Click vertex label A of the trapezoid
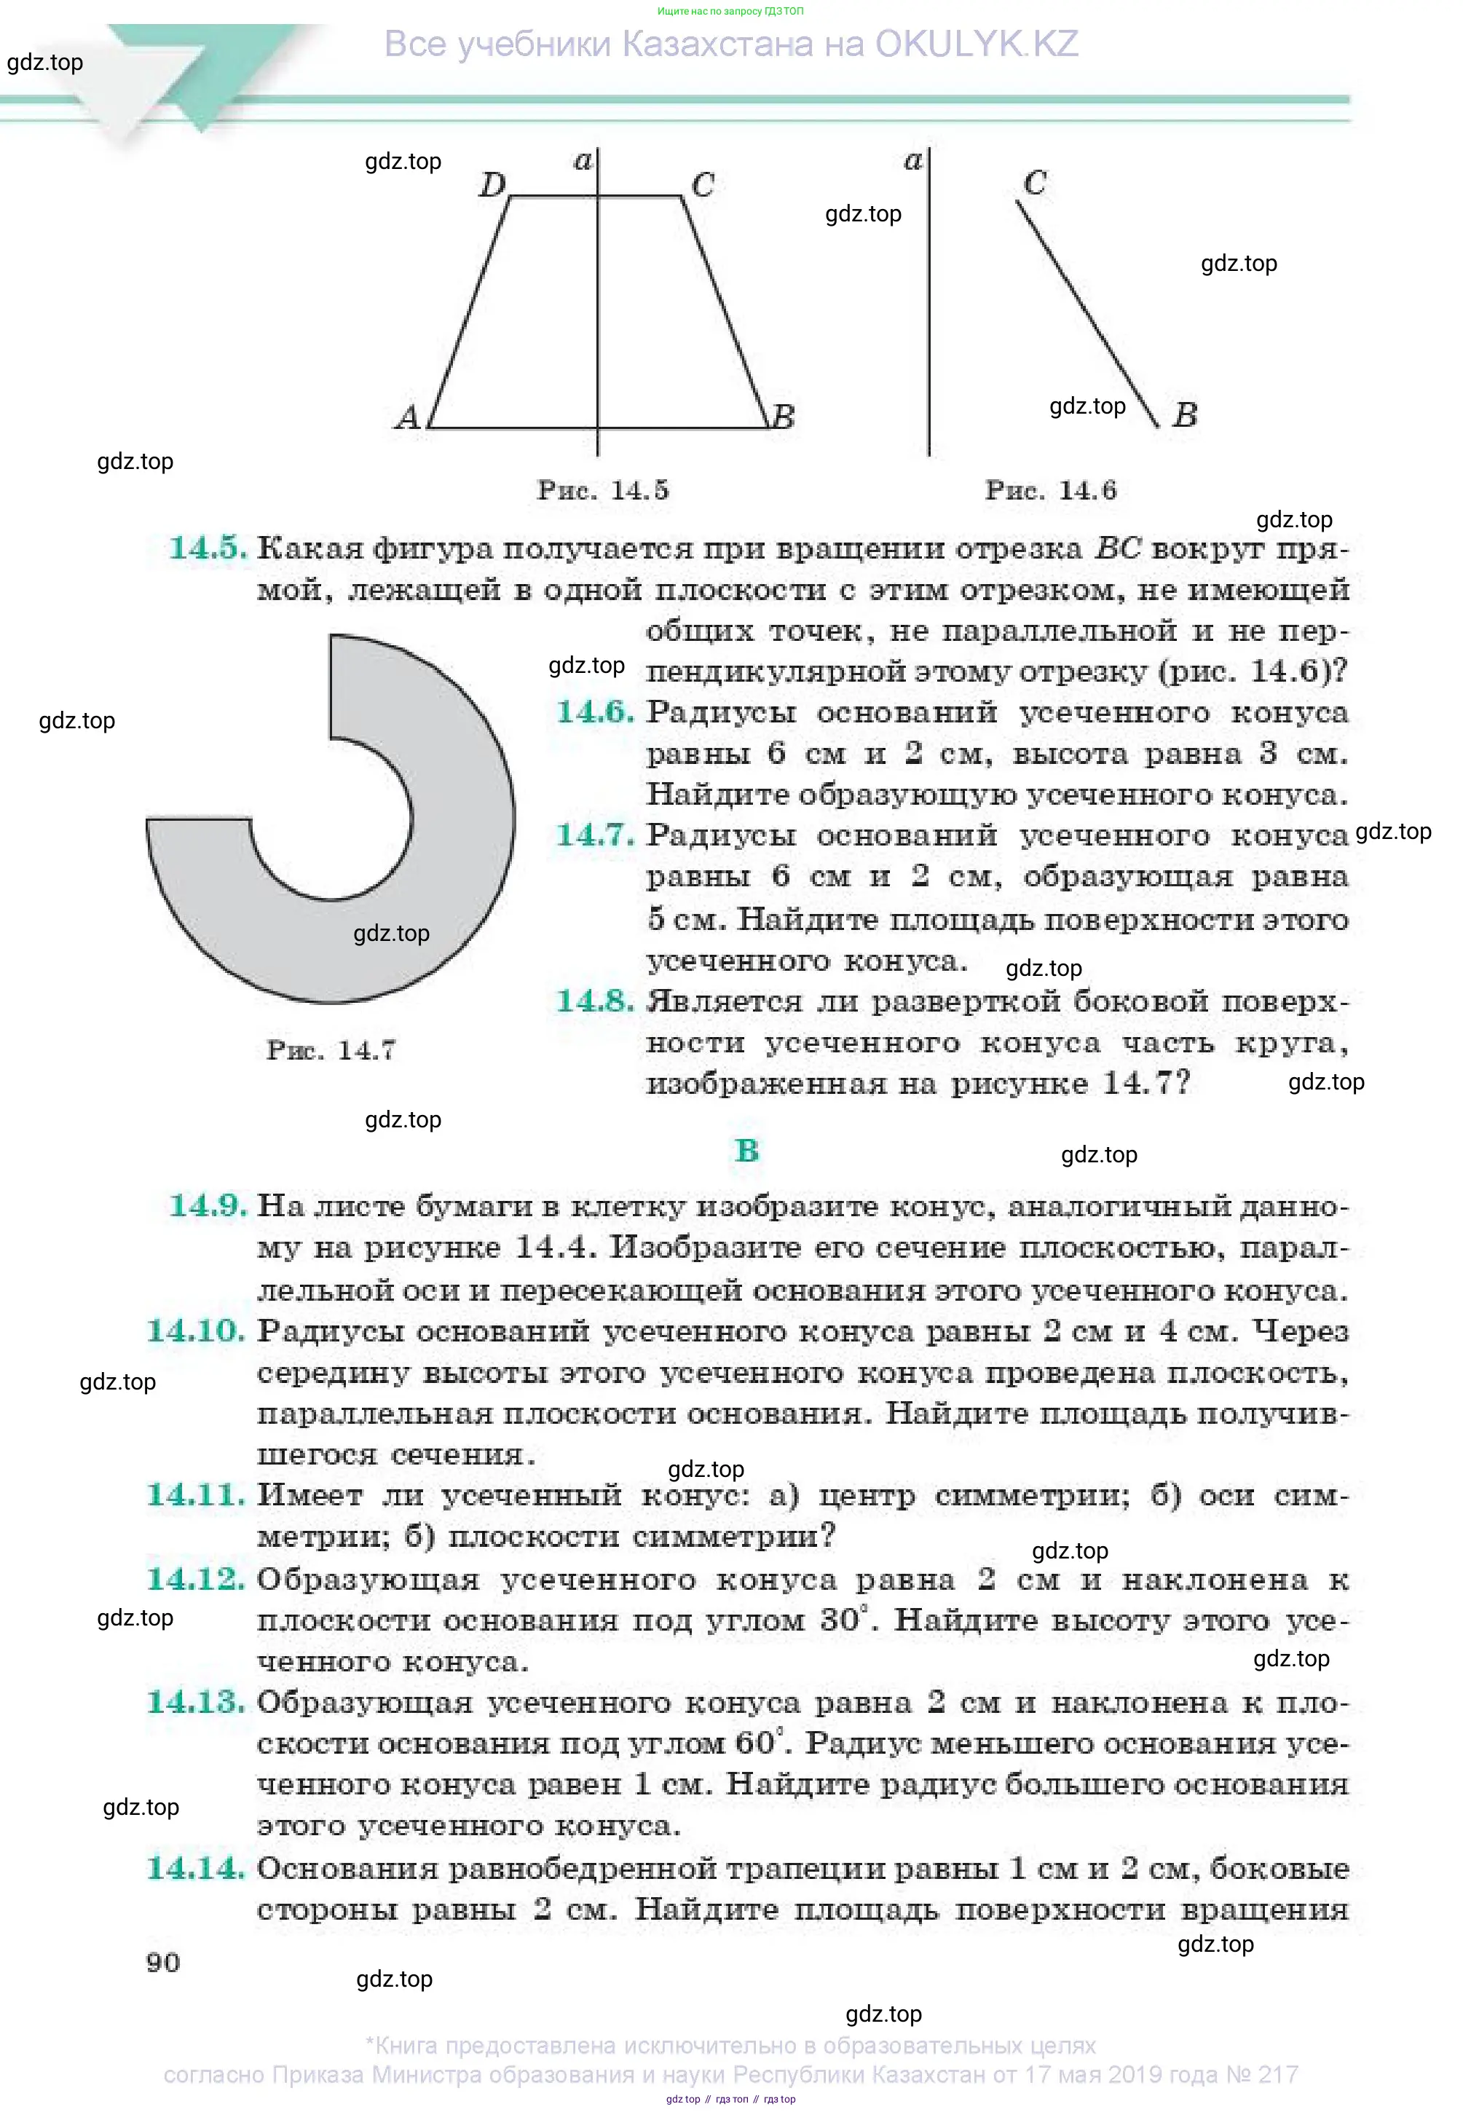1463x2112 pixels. click(x=408, y=417)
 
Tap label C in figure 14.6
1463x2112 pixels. click(x=1035, y=184)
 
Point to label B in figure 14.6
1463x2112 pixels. click(x=1186, y=415)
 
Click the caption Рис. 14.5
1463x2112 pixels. click(x=602, y=490)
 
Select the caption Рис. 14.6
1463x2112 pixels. click(x=1051, y=490)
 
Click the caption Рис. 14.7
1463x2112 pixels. click(x=331, y=1050)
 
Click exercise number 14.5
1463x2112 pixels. click(x=207, y=548)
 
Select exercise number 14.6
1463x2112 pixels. click(x=595, y=712)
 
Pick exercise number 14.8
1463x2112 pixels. click(x=595, y=1001)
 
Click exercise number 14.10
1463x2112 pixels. click(x=196, y=1331)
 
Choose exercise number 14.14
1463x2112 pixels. click(x=196, y=1868)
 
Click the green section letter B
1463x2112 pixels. click(x=747, y=1151)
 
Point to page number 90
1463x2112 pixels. click(x=163, y=1963)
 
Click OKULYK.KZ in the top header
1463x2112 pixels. click(x=977, y=44)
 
